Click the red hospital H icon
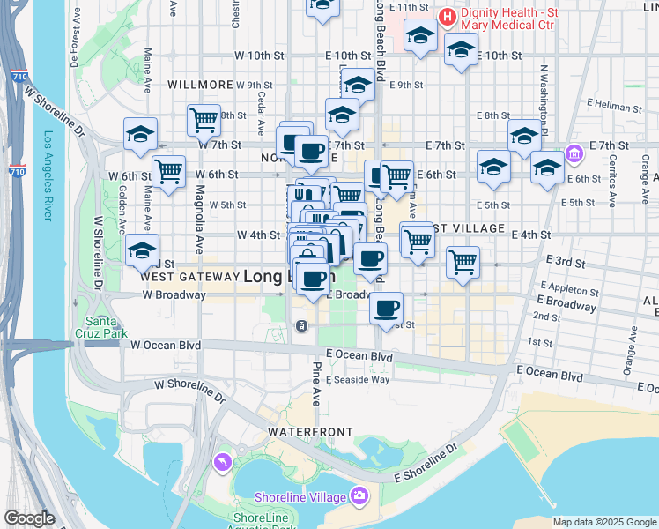click(x=448, y=16)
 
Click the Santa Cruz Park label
click(x=106, y=326)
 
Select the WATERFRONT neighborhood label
click(x=310, y=432)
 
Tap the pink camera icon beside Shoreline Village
click(x=358, y=496)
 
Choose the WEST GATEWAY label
click(x=189, y=277)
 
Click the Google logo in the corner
click(x=29, y=518)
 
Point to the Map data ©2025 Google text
click(x=604, y=522)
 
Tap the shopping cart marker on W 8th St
click(x=204, y=119)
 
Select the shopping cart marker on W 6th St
click(x=168, y=170)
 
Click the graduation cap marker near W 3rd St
click(x=142, y=250)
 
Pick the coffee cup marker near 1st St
click(x=386, y=309)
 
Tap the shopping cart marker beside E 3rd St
click(x=463, y=261)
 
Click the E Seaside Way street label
click(x=358, y=379)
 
